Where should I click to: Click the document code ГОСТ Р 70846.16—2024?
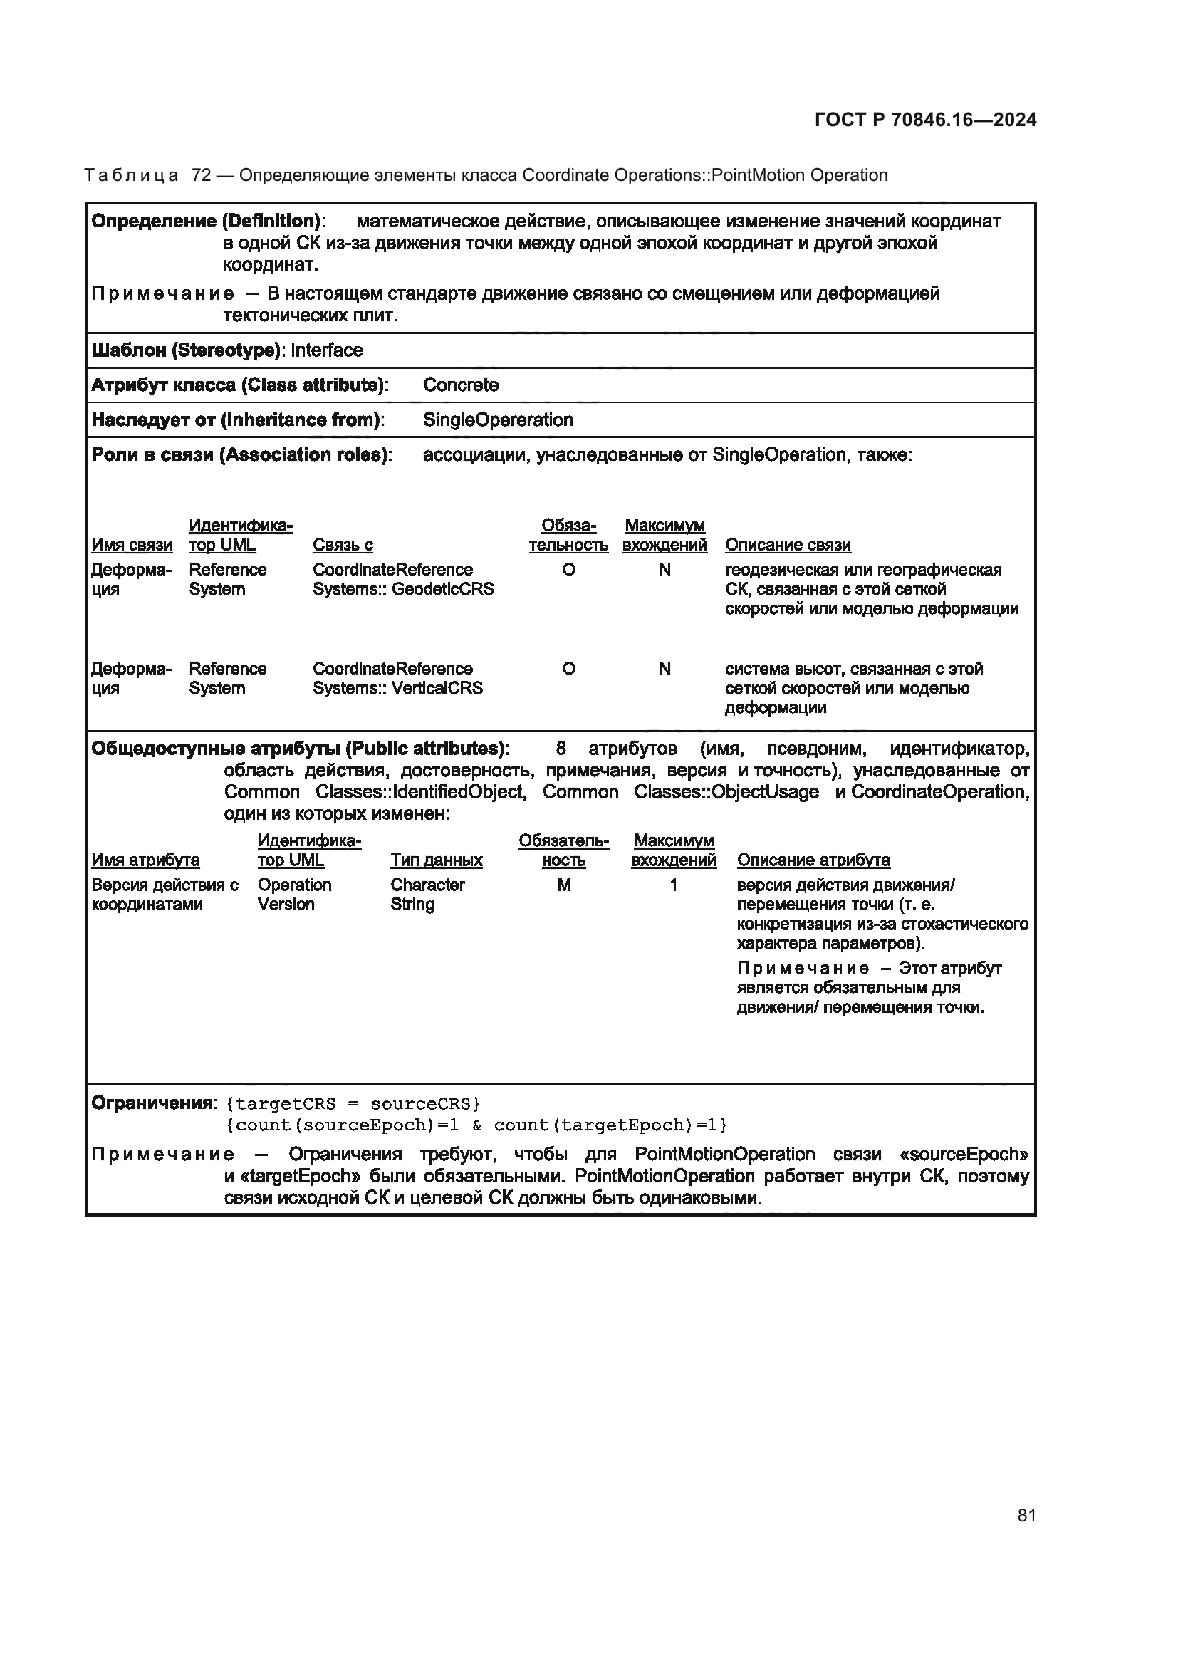pos(925,120)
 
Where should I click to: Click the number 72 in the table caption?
pos(201,176)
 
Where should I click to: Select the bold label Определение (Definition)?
pos(206,222)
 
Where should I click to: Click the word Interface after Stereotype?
pos(326,350)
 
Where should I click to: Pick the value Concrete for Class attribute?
pos(461,385)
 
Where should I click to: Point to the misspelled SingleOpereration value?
pos(498,420)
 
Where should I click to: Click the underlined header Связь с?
pos(343,545)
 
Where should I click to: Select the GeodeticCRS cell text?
pos(402,580)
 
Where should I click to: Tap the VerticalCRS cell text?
pos(397,679)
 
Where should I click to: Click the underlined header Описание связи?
pos(788,545)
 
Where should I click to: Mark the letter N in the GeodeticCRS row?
pos(664,571)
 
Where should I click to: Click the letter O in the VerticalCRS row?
pos(568,669)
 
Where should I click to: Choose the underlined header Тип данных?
pos(436,860)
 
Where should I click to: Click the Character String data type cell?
pos(427,895)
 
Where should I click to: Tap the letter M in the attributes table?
pos(563,885)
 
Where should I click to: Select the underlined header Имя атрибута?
pos(145,860)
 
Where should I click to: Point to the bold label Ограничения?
pos(153,1103)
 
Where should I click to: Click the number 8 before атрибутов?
pos(560,749)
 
